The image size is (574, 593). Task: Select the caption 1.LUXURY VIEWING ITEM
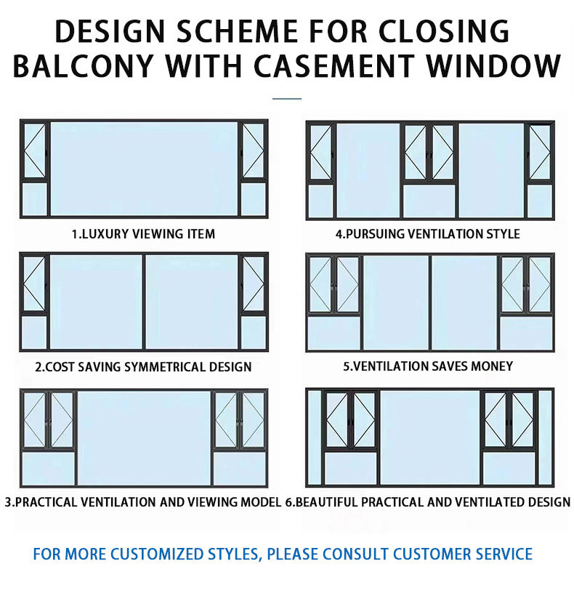[x=143, y=234]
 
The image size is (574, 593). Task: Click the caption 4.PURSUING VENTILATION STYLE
[x=427, y=234]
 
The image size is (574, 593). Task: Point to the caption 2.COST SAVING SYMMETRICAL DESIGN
[x=143, y=367]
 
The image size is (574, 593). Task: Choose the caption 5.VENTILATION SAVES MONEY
[x=428, y=366]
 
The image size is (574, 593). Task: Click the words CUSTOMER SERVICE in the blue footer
[x=462, y=554]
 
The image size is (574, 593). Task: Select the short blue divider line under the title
[x=286, y=98]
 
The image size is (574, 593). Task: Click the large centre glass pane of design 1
[x=143, y=169]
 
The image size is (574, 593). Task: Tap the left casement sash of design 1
[x=34, y=151]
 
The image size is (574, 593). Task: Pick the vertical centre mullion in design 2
[x=143, y=302]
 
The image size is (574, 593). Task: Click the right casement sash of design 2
[x=252, y=283]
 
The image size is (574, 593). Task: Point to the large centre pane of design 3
[x=143, y=438]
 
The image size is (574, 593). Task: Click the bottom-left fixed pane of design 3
[x=48, y=469]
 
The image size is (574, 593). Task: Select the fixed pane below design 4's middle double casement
[x=429, y=201]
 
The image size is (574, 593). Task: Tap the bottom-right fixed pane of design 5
[x=525, y=334]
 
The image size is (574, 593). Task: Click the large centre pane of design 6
[x=429, y=438]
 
